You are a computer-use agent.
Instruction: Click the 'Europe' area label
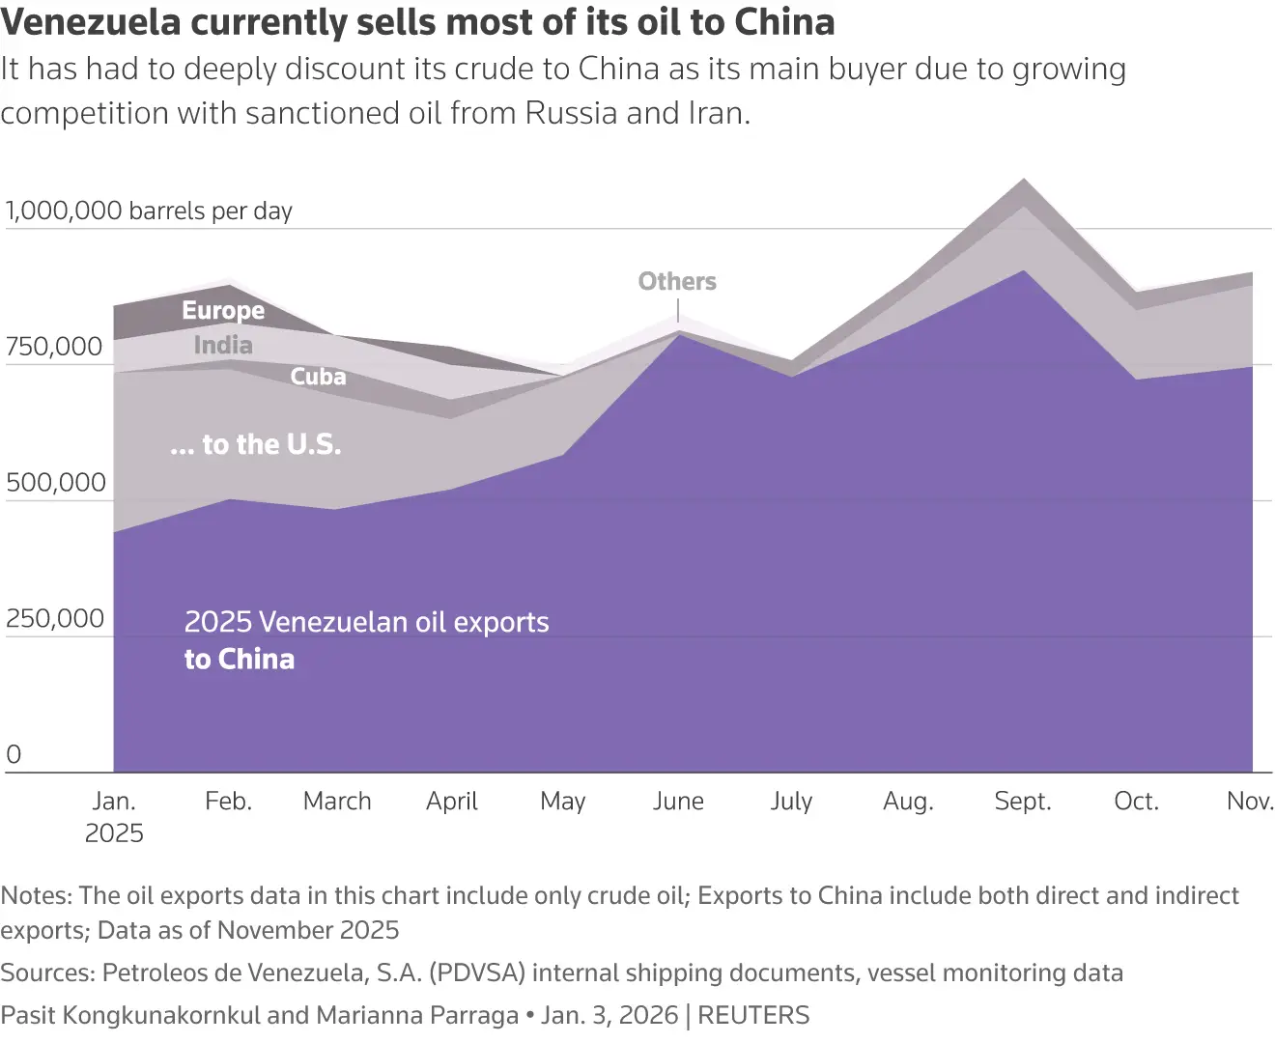tap(223, 310)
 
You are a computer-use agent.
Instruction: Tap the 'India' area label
tap(223, 345)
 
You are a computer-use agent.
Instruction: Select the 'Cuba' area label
tap(318, 376)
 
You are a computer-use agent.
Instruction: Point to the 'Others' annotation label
tap(677, 281)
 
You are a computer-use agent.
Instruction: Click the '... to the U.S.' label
tap(256, 444)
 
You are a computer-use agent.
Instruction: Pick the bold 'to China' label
tap(240, 659)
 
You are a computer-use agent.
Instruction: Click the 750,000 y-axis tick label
tap(54, 347)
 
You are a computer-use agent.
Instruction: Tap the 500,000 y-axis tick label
tap(56, 483)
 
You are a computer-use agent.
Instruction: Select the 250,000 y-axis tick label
tap(55, 619)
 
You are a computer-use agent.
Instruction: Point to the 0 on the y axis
tap(14, 754)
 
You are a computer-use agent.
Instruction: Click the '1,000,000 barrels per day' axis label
tap(149, 211)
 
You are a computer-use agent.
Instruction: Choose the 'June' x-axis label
tap(678, 801)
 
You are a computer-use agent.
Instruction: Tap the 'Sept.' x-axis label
tap(1023, 801)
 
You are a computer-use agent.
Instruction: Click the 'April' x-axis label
tap(452, 801)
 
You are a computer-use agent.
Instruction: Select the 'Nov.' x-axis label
tap(1250, 801)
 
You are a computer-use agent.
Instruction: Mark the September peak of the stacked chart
tap(1023, 180)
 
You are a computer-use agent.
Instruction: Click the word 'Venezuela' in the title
tap(91, 21)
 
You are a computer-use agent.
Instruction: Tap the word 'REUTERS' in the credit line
tap(753, 1015)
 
